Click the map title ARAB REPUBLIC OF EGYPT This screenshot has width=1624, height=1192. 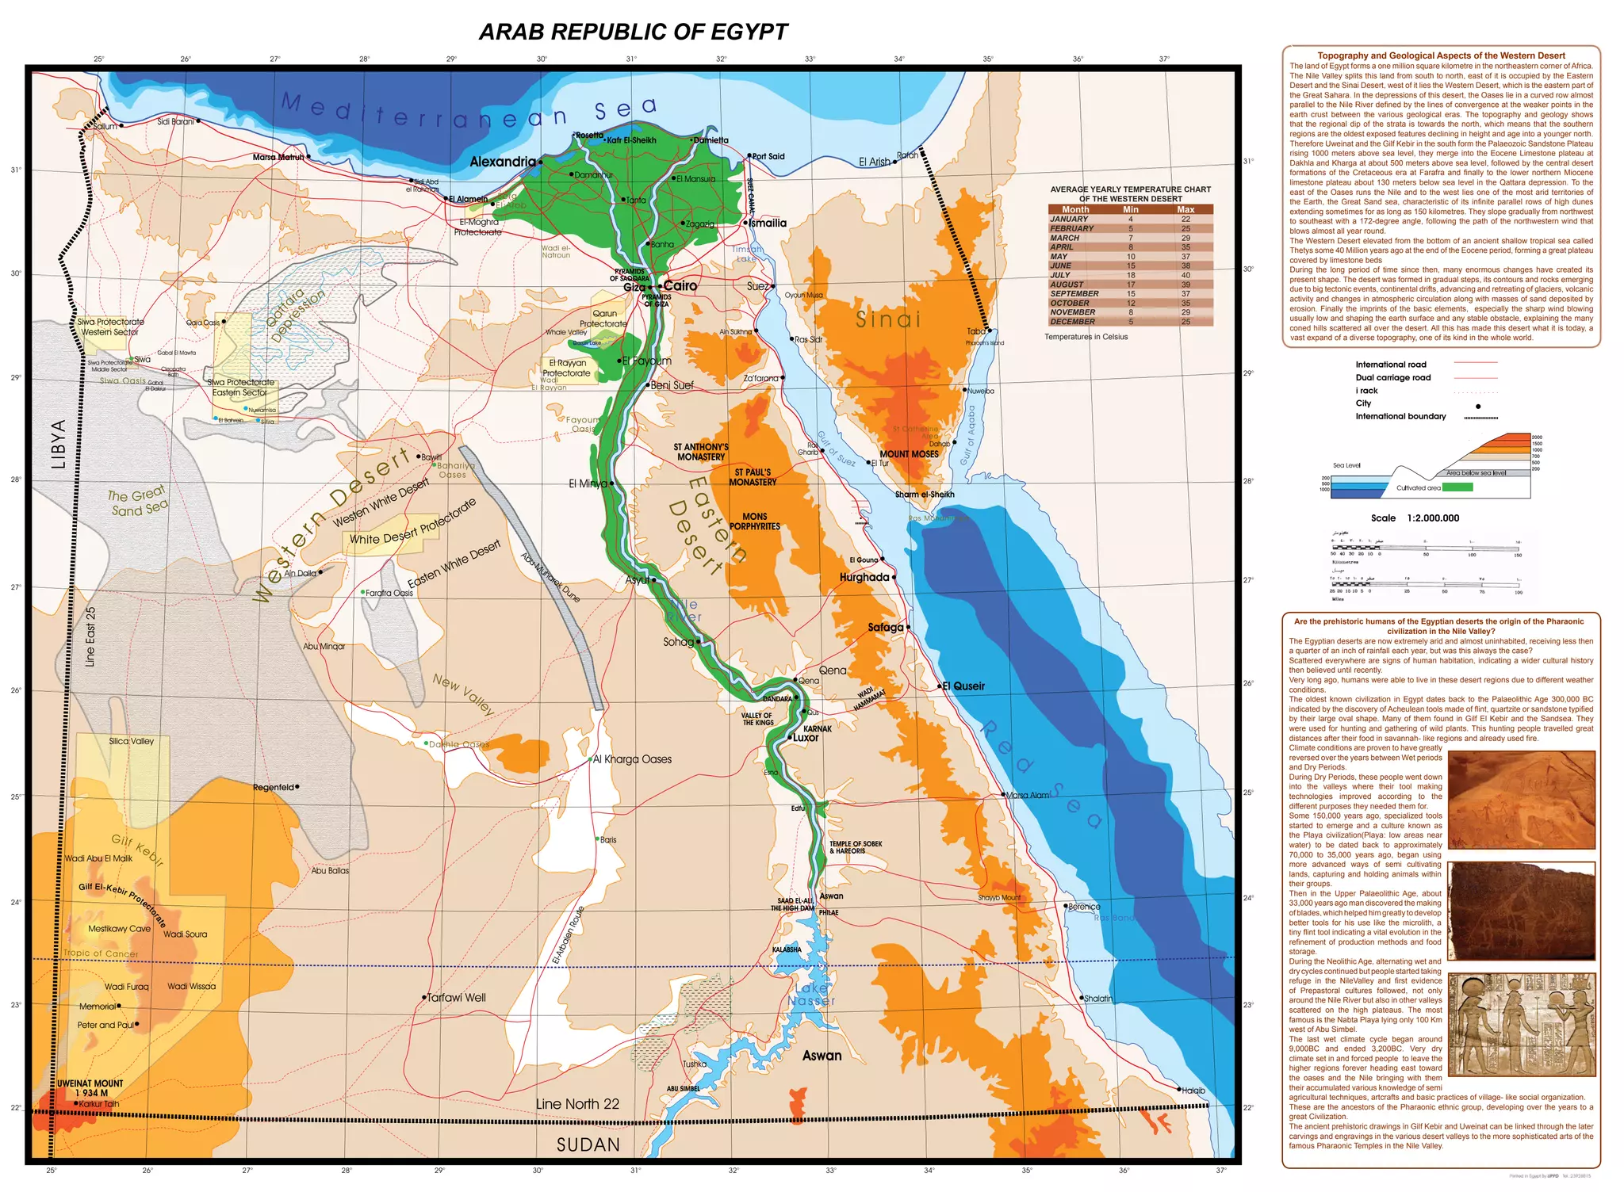[633, 32]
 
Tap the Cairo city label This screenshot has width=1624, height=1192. [680, 286]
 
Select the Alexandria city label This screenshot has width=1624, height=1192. [503, 162]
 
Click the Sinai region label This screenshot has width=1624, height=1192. [888, 319]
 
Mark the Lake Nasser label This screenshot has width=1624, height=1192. [812, 994]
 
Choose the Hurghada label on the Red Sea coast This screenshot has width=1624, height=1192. [864, 577]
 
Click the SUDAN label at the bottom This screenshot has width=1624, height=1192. [588, 1144]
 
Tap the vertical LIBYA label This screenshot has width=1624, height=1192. [59, 444]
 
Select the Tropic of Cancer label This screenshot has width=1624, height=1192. [101, 953]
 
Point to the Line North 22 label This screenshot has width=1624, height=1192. [577, 1104]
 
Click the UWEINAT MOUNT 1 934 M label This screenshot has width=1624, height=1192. [90, 1088]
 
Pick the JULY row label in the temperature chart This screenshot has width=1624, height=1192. [1060, 275]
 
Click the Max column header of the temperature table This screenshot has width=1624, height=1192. [1185, 209]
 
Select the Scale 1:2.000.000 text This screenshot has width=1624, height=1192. [1415, 518]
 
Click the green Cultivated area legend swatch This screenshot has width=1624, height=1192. [1457, 487]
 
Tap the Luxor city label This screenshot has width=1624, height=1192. [806, 737]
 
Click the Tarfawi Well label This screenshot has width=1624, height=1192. [456, 997]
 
